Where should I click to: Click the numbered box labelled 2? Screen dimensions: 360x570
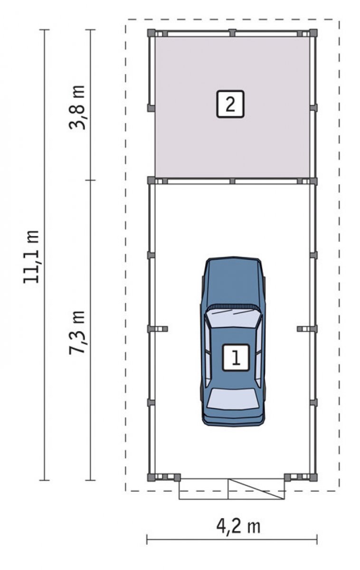[230, 104]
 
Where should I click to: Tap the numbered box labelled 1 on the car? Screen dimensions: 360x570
[236, 357]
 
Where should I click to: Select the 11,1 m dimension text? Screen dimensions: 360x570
[31, 256]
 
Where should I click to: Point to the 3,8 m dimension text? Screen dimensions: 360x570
[77, 107]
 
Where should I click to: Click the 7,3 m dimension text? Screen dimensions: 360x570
[77, 332]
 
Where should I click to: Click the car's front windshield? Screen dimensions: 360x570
[233, 318]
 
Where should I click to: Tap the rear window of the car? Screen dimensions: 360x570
[233, 399]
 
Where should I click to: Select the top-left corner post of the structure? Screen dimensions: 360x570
[151, 33]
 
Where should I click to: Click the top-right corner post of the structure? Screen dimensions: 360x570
[313, 33]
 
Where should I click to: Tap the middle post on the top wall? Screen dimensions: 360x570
[232, 33]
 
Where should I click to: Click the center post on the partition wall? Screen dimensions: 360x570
[232, 181]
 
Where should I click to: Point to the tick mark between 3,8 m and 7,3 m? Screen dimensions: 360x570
[90, 180]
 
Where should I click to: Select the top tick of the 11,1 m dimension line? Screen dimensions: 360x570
[45, 30]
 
